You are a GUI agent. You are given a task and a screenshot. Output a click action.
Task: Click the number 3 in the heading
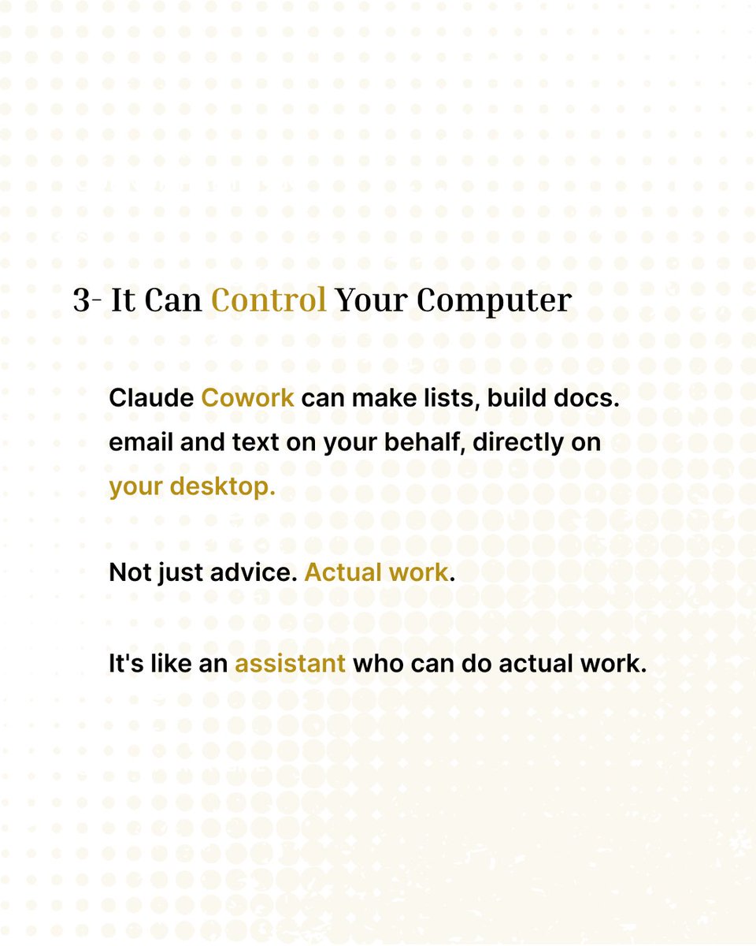coord(82,301)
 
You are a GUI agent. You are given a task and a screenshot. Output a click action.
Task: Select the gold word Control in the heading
coord(269,300)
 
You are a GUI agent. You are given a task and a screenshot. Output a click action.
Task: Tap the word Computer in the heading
coord(494,302)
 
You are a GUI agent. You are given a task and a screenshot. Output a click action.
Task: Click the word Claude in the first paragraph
coord(151,398)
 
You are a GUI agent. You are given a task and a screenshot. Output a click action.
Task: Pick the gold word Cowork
coord(248,398)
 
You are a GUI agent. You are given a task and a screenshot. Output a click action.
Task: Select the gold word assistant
coord(290,664)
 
